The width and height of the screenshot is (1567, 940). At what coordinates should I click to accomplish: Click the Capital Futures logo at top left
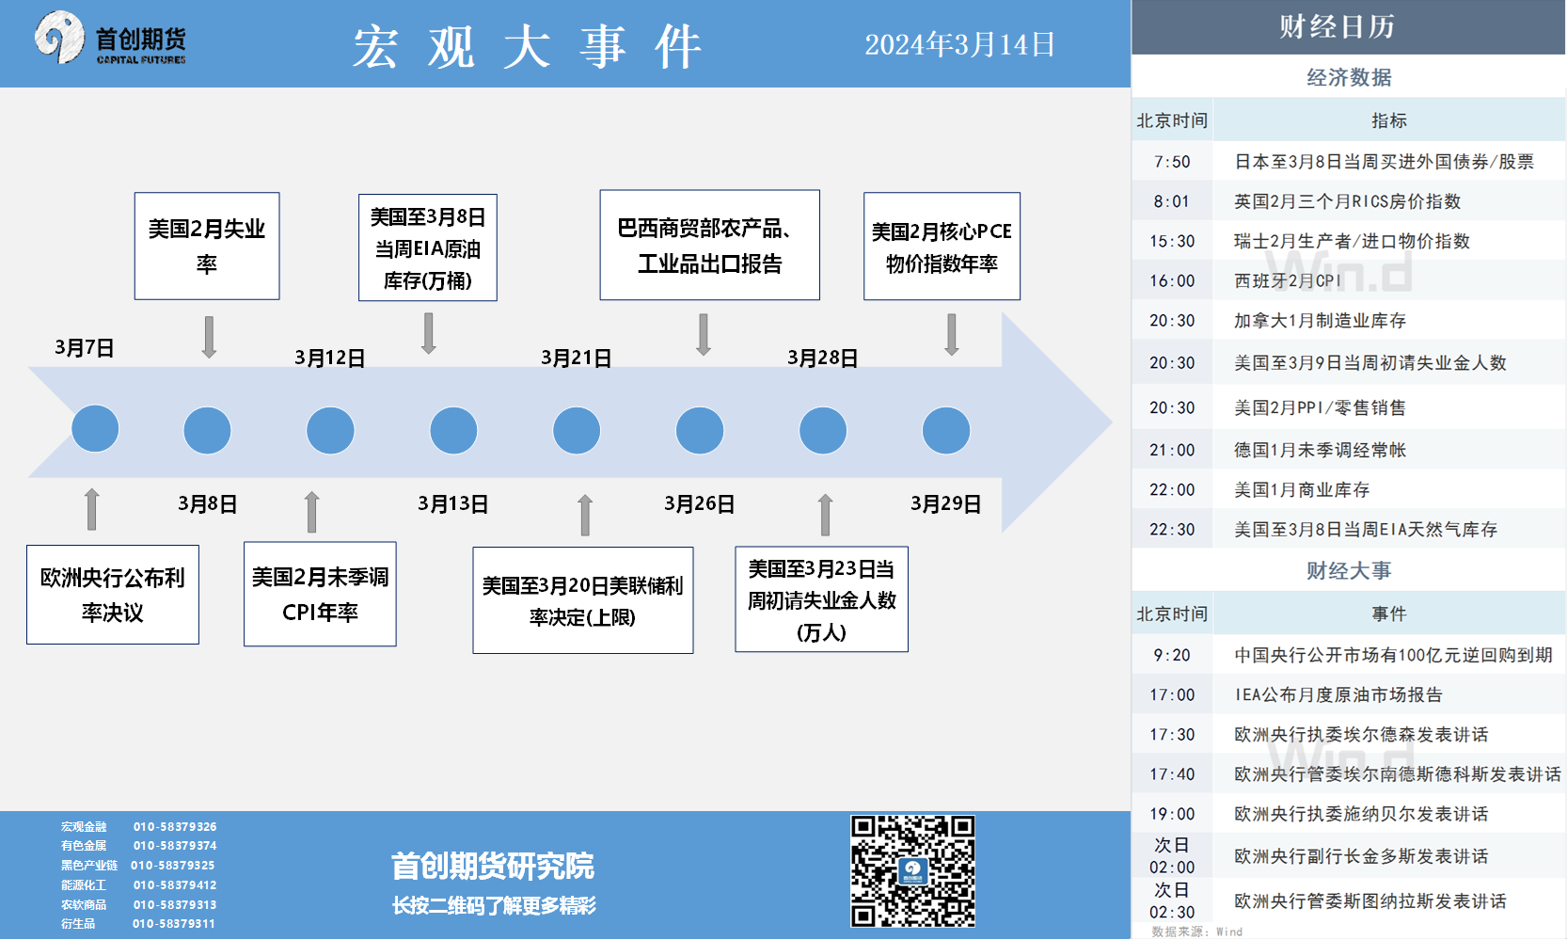pos(111,39)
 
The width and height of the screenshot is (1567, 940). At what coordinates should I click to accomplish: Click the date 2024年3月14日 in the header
pos(959,45)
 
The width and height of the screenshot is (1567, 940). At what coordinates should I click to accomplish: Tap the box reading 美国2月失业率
pos(207,246)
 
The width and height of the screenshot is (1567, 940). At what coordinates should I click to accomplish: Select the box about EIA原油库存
pos(427,247)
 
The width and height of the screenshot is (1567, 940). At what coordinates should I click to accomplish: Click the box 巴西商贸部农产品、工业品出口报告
pos(709,245)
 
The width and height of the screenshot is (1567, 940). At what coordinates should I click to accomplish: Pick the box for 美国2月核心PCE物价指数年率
pos(942,247)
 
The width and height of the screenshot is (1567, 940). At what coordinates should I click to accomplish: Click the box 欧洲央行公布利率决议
pos(113,595)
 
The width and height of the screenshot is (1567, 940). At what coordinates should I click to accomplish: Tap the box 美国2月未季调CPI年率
pos(320,594)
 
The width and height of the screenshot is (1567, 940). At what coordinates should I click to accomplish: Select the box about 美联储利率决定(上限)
pos(583,600)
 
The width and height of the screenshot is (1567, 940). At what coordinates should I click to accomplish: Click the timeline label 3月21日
pos(576,358)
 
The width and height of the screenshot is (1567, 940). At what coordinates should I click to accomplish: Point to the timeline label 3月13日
pos(452,504)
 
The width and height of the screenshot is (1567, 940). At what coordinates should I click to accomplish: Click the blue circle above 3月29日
pos(946,430)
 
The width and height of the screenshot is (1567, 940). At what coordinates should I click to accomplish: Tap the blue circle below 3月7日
pos(95,428)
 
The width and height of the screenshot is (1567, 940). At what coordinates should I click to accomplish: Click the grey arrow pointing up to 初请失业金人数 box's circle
pos(826,515)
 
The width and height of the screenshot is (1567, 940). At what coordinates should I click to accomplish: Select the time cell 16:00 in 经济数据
pos(1172,280)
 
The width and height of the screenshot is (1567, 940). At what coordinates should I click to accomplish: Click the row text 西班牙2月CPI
pos(1288,280)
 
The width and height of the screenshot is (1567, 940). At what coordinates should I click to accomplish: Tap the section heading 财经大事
pos(1349,570)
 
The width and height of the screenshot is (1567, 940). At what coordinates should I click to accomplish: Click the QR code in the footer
pos(913,871)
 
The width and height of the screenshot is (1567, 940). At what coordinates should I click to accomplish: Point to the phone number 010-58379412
pos(175,884)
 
